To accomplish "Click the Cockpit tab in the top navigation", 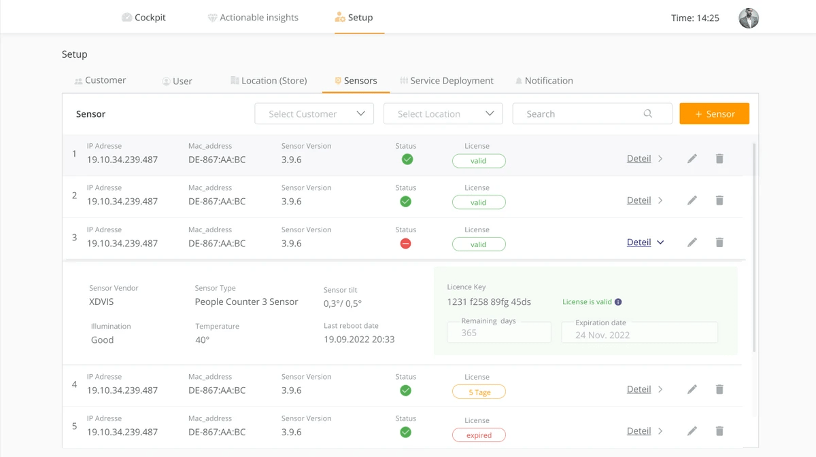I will (x=143, y=18).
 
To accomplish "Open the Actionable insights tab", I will (x=253, y=18).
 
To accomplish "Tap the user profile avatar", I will (x=749, y=18).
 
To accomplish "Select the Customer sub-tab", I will (x=100, y=80).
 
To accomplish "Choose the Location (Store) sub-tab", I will (x=269, y=81).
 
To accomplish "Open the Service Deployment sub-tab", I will (x=447, y=81).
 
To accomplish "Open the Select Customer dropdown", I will (x=314, y=114).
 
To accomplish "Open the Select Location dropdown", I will (x=443, y=114).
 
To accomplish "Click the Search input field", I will (x=585, y=114).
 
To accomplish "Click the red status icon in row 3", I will (x=406, y=244).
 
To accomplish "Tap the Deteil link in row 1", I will (x=639, y=159).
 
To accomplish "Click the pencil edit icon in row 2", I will (x=692, y=200).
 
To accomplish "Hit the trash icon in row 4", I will (x=719, y=389).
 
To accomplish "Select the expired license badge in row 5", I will (x=479, y=435).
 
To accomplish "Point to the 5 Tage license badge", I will (x=479, y=392).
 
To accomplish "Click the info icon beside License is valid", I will (x=618, y=302).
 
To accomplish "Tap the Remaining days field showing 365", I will (x=499, y=333).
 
